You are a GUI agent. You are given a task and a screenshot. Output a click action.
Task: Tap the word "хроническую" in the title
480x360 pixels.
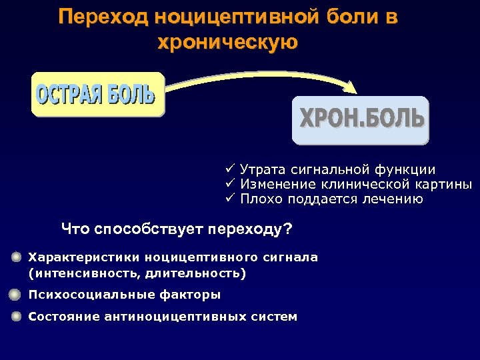click(x=227, y=42)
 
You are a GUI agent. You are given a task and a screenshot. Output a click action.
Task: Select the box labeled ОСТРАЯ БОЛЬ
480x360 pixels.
click(x=97, y=94)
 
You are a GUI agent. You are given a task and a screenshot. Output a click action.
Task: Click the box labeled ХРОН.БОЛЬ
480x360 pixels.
click(x=361, y=120)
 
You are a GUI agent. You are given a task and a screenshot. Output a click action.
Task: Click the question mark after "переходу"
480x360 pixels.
click(x=288, y=230)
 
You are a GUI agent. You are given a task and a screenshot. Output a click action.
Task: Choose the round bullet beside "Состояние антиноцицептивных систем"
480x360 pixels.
click(x=17, y=317)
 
